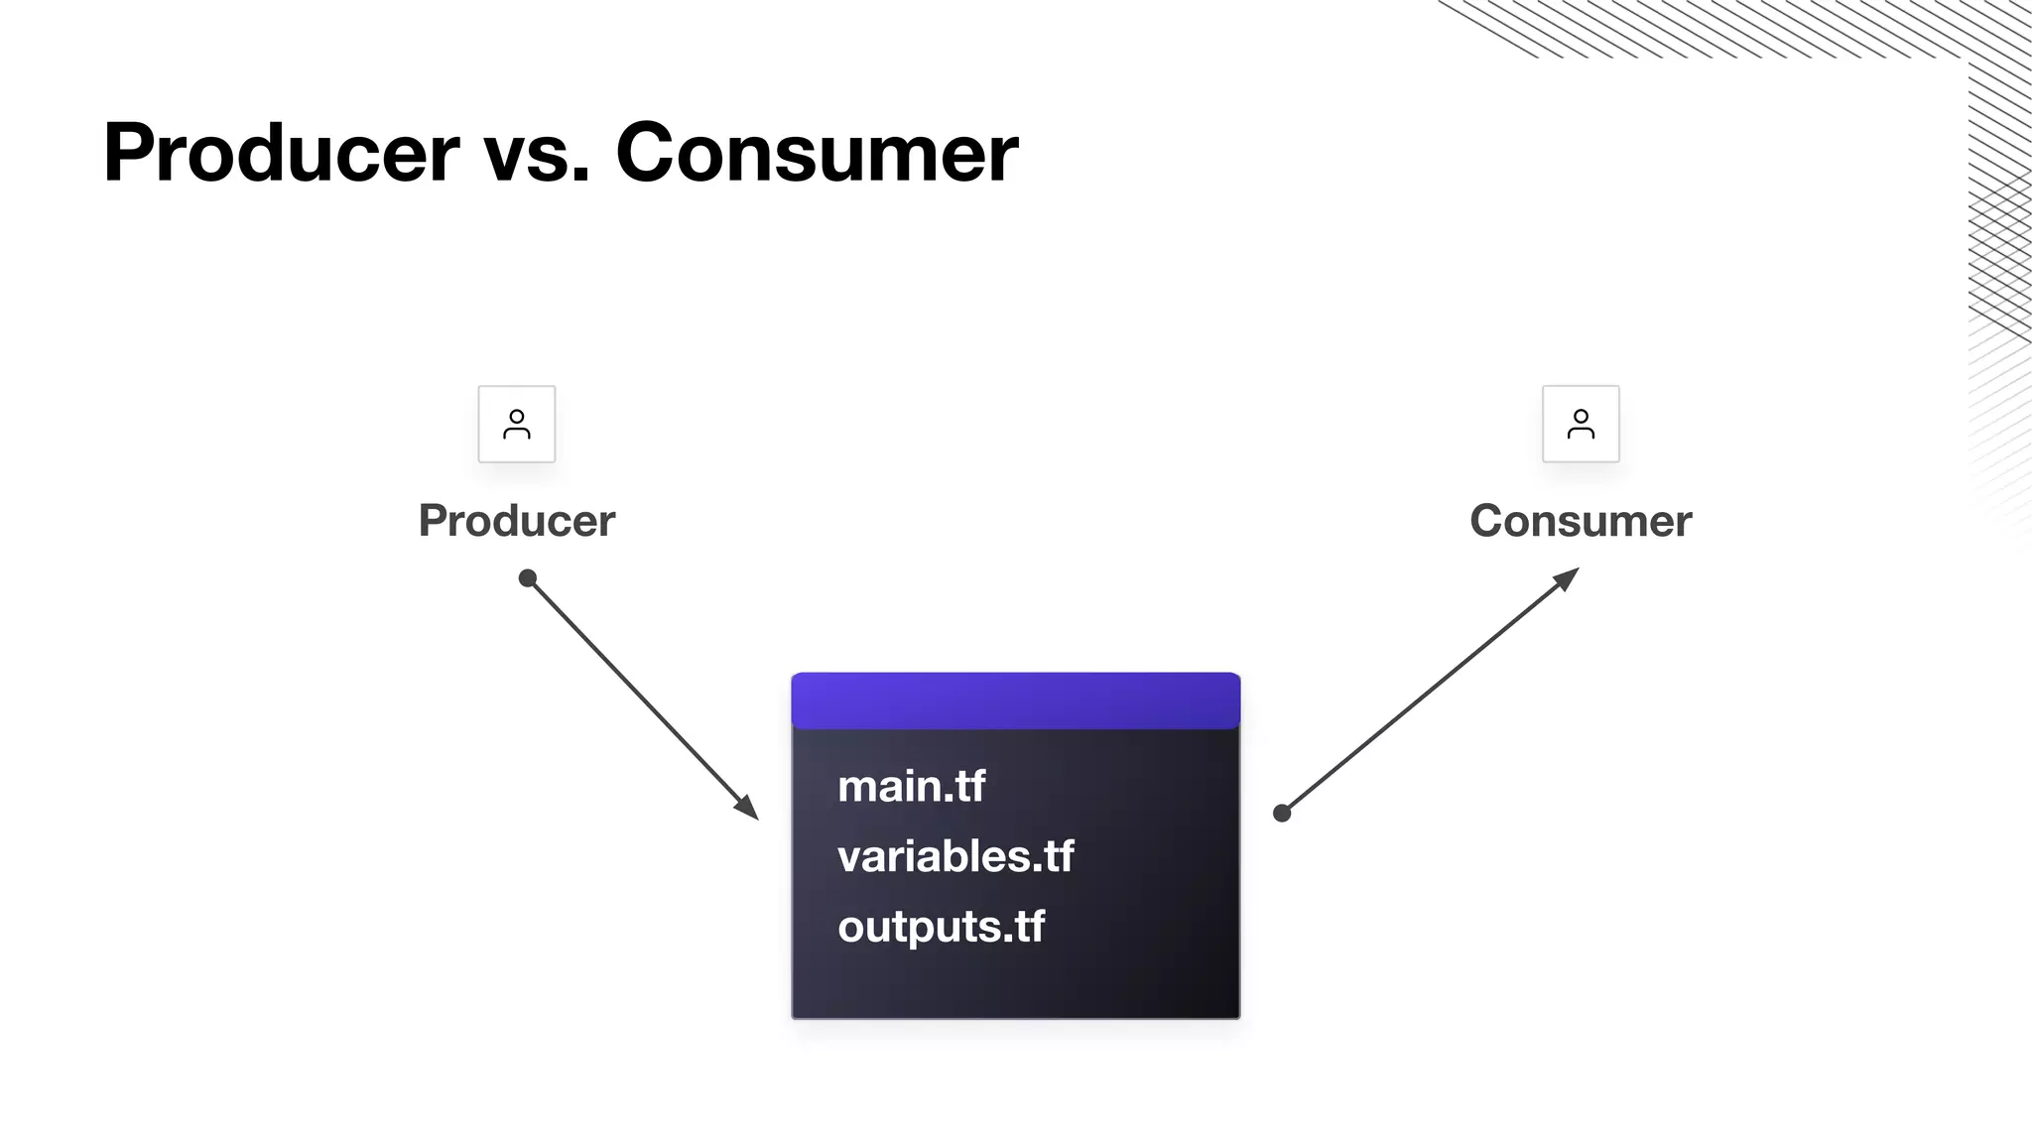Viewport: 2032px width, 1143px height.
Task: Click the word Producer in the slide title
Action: tap(281, 153)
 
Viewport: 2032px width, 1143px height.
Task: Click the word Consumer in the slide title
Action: tap(817, 153)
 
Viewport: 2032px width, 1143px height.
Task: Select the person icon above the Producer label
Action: tap(517, 424)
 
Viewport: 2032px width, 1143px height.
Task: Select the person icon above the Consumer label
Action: tap(1581, 424)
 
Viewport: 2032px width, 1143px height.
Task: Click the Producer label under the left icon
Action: tap(517, 521)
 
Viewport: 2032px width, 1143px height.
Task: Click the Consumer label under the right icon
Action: tap(1581, 521)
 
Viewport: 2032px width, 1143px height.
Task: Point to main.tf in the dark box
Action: tap(911, 787)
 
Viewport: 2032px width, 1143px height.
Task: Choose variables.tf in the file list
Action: tap(955, 856)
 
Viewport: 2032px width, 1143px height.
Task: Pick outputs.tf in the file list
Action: tap(941, 927)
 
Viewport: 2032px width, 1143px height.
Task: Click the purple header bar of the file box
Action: tap(1015, 700)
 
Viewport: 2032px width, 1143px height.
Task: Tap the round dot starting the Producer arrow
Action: tap(528, 578)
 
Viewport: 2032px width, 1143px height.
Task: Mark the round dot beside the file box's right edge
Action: tap(1282, 814)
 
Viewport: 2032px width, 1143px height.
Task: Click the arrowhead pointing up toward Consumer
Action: tap(1567, 577)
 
